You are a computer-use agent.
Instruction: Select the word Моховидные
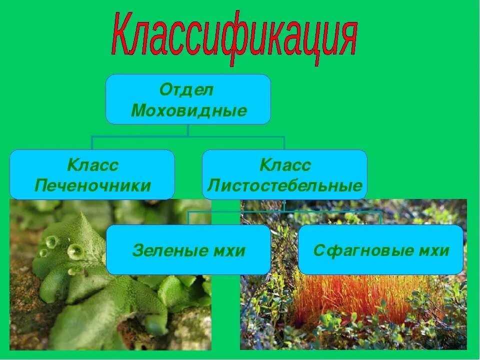point(189,110)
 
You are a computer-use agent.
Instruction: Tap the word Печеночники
point(92,186)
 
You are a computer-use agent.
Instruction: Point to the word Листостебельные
point(284,186)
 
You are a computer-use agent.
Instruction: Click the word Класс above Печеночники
point(93,165)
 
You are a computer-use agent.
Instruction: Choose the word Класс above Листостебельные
point(285,165)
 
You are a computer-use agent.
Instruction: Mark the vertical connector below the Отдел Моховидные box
point(188,130)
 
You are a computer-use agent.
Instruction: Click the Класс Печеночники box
point(92,174)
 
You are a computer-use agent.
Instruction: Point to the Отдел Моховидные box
point(188,99)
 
